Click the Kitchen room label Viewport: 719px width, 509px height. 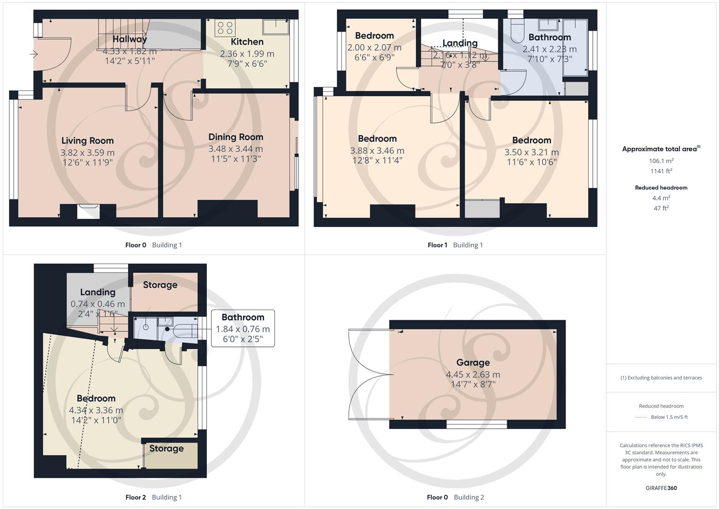pos(247,42)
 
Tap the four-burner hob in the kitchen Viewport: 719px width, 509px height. pos(225,28)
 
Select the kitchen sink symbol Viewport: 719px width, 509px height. pos(276,27)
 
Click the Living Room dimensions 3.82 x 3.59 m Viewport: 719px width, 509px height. pos(87,153)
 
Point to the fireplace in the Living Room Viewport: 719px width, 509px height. pos(88,211)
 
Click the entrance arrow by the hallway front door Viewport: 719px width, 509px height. pos(34,55)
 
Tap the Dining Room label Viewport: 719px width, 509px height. pos(235,137)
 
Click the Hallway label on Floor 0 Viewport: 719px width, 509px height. pos(129,40)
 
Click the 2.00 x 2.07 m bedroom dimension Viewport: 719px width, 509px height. pos(374,48)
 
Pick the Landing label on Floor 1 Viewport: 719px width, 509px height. pos(460,43)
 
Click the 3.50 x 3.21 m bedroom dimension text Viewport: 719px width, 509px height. pos(532,152)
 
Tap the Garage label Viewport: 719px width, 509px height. pos(473,362)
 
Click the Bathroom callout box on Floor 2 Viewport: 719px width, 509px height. pos(242,328)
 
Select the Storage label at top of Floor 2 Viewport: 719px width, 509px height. pos(160,285)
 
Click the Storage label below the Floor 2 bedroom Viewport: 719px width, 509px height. pos(166,449)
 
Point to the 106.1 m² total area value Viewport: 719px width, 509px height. pos(661,161)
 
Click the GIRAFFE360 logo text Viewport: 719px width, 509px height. pos(661,488)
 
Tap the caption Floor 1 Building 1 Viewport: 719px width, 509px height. pos(455,245)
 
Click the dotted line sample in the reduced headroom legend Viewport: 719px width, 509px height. pos(641,417)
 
